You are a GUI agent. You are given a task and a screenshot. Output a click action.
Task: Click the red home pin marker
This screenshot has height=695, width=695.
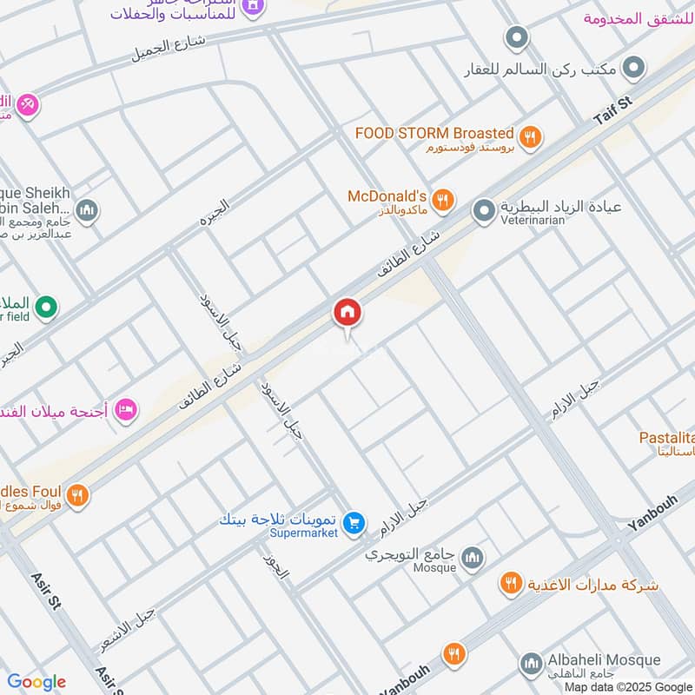coord(347,314)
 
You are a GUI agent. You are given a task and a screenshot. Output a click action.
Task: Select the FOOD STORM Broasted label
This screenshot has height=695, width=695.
coord(434,133)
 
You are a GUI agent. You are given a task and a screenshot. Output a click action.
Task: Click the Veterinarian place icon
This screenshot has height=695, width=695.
coord(484,209)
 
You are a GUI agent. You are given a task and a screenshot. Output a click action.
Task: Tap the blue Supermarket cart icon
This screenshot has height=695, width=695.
coord(353,522)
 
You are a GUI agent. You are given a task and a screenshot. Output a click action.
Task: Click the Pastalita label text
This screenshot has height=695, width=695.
coord(666,437)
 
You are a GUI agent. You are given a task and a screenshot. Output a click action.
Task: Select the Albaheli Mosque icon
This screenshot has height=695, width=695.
coord(531,665)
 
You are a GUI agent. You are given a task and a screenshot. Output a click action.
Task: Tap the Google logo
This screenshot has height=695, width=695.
coord(36,682)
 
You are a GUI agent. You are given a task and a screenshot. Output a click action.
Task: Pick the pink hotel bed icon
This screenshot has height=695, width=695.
coord(127,408)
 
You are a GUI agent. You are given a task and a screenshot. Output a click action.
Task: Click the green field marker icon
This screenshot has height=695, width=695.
coord(49,306)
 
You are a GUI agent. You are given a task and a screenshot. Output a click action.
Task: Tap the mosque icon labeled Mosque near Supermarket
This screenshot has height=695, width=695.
coord(473,558)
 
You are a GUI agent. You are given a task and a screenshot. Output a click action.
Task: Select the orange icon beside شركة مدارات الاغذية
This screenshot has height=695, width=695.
coord(510,583)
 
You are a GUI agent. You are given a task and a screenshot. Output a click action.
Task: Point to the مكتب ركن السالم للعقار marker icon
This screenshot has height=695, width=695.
coord(635,67)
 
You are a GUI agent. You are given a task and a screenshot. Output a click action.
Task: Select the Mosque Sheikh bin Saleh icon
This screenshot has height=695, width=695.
coord(86,209)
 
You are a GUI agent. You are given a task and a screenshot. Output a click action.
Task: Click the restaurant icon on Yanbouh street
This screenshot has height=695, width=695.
coord(453,653)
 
